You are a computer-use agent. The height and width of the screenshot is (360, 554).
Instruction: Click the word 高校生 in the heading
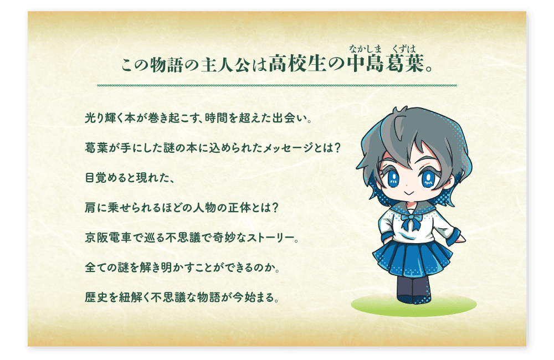pyautogui.click(x=297, y=64)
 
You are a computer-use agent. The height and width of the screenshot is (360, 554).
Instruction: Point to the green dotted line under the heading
pyautogui.click(x=277, y=85)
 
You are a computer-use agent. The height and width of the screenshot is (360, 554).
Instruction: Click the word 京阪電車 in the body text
pyautogui.click(x=109, y=238)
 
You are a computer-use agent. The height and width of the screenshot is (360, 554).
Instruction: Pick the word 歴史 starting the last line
pyautogui.click(x=96, y=297)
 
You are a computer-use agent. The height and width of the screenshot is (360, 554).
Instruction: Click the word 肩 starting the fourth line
pyautogui.click(x=90, y=207)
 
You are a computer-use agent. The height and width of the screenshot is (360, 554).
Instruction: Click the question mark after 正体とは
pyautogui.click(x=276, y=207)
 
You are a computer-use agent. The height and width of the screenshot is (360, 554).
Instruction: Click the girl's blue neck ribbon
pyautogui.click(x=411, y=220)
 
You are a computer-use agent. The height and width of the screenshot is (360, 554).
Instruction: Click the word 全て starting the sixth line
pyautogui.click(x=96, y=268)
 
